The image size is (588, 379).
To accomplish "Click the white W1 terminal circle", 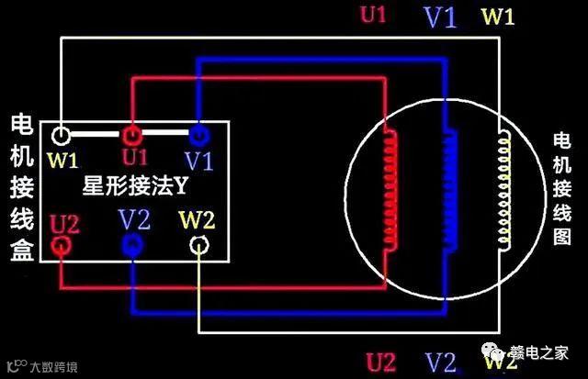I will coord(61,137).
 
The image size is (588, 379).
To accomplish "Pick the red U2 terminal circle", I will coord(62,245).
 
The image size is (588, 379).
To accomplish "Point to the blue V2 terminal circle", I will coord(131,244).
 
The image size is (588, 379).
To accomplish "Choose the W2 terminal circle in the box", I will coord(198,245).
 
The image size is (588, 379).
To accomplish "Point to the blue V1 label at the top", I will coord(439,17).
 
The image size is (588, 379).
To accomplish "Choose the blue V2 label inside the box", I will coord(134,220).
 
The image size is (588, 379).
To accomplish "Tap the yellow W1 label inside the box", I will coord(63,161).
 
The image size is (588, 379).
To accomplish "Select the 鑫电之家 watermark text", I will coord(543,353).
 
